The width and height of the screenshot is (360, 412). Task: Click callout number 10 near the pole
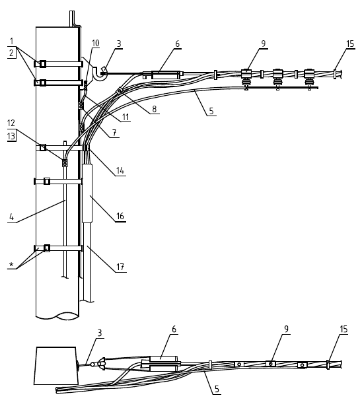pos(96,44)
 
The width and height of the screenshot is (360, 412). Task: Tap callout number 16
pos(120,216)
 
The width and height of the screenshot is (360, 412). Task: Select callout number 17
pos(120,267)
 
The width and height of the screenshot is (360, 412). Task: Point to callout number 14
pos(120,170)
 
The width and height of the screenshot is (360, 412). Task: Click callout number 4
pos(11,217)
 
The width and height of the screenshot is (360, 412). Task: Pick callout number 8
pos(154,108)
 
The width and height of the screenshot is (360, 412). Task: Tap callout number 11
pos(126,117)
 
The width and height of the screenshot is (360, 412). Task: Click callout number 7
pos(114,133)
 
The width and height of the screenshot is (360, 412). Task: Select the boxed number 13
pos(11,137)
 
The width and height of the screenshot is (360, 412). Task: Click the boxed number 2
pos(11,53)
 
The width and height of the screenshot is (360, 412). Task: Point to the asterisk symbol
pos(11,265)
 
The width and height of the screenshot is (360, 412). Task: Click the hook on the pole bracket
pos(99,73)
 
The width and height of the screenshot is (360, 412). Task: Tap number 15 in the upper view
pos(350,44)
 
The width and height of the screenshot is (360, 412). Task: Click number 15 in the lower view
pos(343,329)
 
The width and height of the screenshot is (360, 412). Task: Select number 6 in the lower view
pos(174,329)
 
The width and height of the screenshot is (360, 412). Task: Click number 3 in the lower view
pos(99,333)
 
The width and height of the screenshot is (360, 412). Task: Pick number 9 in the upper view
pos(263,44)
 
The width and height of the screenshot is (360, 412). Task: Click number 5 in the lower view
pos(217,389)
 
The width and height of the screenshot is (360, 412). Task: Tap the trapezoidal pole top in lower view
pos(56,366)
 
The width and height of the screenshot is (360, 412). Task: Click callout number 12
pos(11,123)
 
